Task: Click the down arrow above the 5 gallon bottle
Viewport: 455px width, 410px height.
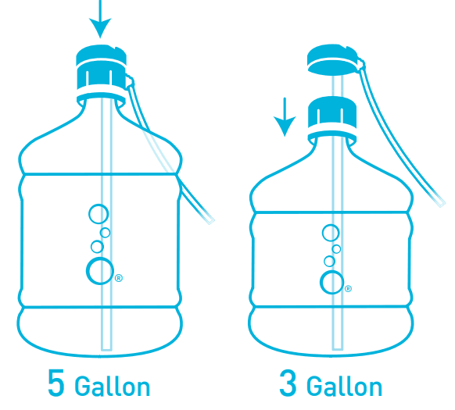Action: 100,18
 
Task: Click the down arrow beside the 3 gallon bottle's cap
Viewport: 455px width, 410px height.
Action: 285,117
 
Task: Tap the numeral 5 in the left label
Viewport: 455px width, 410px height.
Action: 56,383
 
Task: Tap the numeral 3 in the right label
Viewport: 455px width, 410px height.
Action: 288,383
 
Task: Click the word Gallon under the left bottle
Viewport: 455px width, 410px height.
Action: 113,386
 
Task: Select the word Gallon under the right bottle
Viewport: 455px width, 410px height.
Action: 345,386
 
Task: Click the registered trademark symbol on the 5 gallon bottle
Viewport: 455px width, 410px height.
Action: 119,278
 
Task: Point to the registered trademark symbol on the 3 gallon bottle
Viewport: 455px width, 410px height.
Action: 348,289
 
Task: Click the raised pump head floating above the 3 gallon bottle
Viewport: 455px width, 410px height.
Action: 332,59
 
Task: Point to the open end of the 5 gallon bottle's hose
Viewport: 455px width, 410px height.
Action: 211,221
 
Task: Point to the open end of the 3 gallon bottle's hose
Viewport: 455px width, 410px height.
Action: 442,204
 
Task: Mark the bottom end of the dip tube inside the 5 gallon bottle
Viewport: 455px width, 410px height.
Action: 106,350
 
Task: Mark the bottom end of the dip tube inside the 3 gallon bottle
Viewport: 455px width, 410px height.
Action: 338,349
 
